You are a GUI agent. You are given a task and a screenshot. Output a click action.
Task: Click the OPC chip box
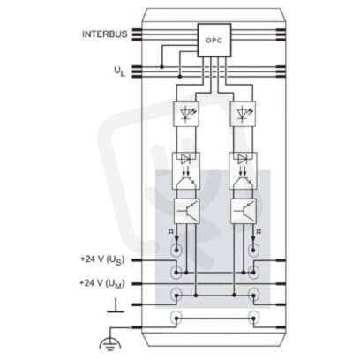214,40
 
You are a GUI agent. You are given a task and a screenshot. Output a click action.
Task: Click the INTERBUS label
105,34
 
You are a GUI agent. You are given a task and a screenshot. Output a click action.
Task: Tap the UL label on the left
119,71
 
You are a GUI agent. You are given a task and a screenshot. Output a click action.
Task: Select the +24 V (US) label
102,259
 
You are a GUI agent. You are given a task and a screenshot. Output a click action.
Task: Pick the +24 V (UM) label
102,283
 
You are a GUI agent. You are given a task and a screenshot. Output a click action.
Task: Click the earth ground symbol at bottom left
110,343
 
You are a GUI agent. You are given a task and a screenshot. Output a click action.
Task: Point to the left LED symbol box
186,114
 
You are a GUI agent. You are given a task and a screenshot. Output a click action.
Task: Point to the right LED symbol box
243,114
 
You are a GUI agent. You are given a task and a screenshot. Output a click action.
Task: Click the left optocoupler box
186,170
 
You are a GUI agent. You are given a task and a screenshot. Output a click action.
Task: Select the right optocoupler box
243,170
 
